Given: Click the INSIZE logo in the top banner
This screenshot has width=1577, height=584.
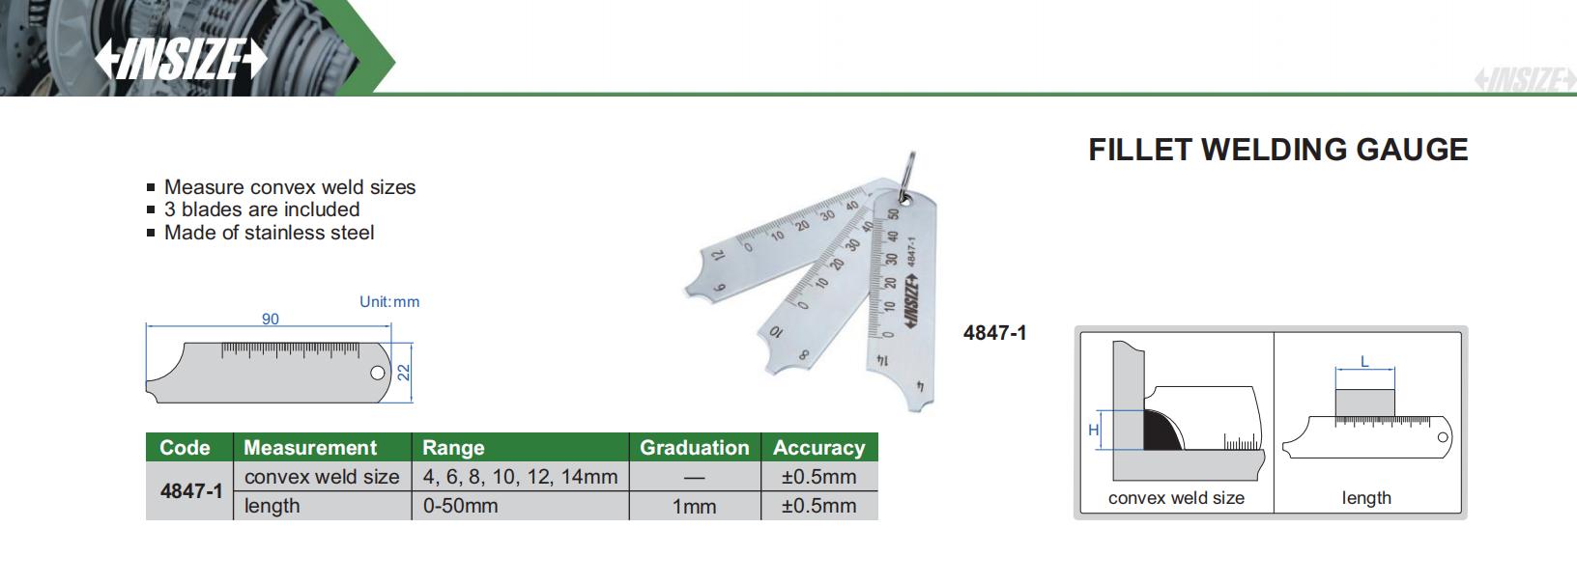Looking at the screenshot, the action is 181,58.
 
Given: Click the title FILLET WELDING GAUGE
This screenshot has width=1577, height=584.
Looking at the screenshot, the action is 1277,150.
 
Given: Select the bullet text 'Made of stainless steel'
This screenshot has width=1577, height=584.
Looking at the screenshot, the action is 269,233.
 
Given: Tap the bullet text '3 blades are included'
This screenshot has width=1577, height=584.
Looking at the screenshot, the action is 262,209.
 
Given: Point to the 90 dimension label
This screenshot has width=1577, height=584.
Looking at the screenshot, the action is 271,319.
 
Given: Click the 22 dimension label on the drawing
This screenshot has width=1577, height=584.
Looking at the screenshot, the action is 403,372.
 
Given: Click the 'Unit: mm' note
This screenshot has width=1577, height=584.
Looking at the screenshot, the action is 389,302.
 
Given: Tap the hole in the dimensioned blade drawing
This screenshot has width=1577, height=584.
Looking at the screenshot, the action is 378,373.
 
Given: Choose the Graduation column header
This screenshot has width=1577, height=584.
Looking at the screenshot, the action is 694,448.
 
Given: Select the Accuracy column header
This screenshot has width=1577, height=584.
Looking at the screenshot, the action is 818,448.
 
